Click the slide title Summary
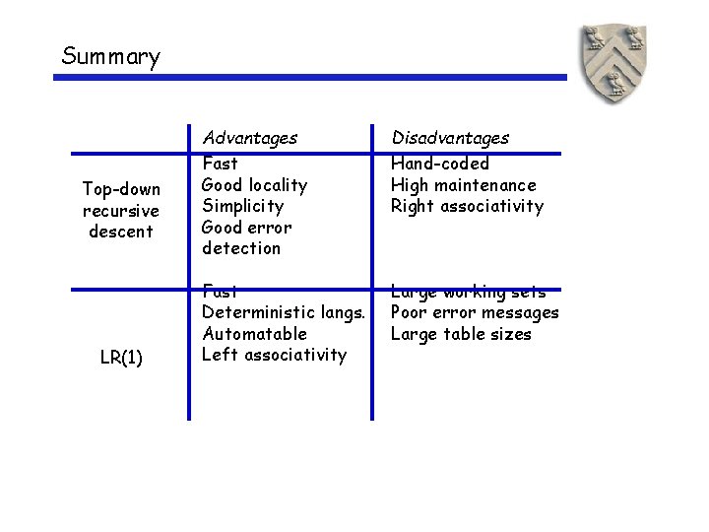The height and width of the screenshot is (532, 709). point(110,56)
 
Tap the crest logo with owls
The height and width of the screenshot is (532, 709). point(613,64)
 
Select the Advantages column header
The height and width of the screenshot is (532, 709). point(249,138)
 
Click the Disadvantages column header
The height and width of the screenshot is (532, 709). point(450,138)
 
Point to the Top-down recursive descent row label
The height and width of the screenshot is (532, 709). point(120,209)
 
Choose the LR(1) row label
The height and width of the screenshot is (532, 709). point(120,358)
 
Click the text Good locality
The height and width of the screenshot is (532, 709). point(254,185)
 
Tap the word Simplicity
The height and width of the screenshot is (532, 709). point(242,206)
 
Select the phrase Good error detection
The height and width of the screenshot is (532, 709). point(246,237)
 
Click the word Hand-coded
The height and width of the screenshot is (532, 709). point(439,164)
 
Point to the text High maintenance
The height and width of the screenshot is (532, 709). point(463,185)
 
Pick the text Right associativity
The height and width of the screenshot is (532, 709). point(467,206)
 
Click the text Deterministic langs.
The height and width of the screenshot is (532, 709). point(284,312)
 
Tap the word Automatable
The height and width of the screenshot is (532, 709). point(254,334)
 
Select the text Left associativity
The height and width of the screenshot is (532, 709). point(274,355)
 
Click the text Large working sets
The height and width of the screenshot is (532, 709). point(468,292)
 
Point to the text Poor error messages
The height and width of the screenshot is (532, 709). point(475,312)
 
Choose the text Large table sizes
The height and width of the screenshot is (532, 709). point(461,334)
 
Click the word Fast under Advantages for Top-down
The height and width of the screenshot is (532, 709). point(219,164)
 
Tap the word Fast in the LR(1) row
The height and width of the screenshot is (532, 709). point(219,292)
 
